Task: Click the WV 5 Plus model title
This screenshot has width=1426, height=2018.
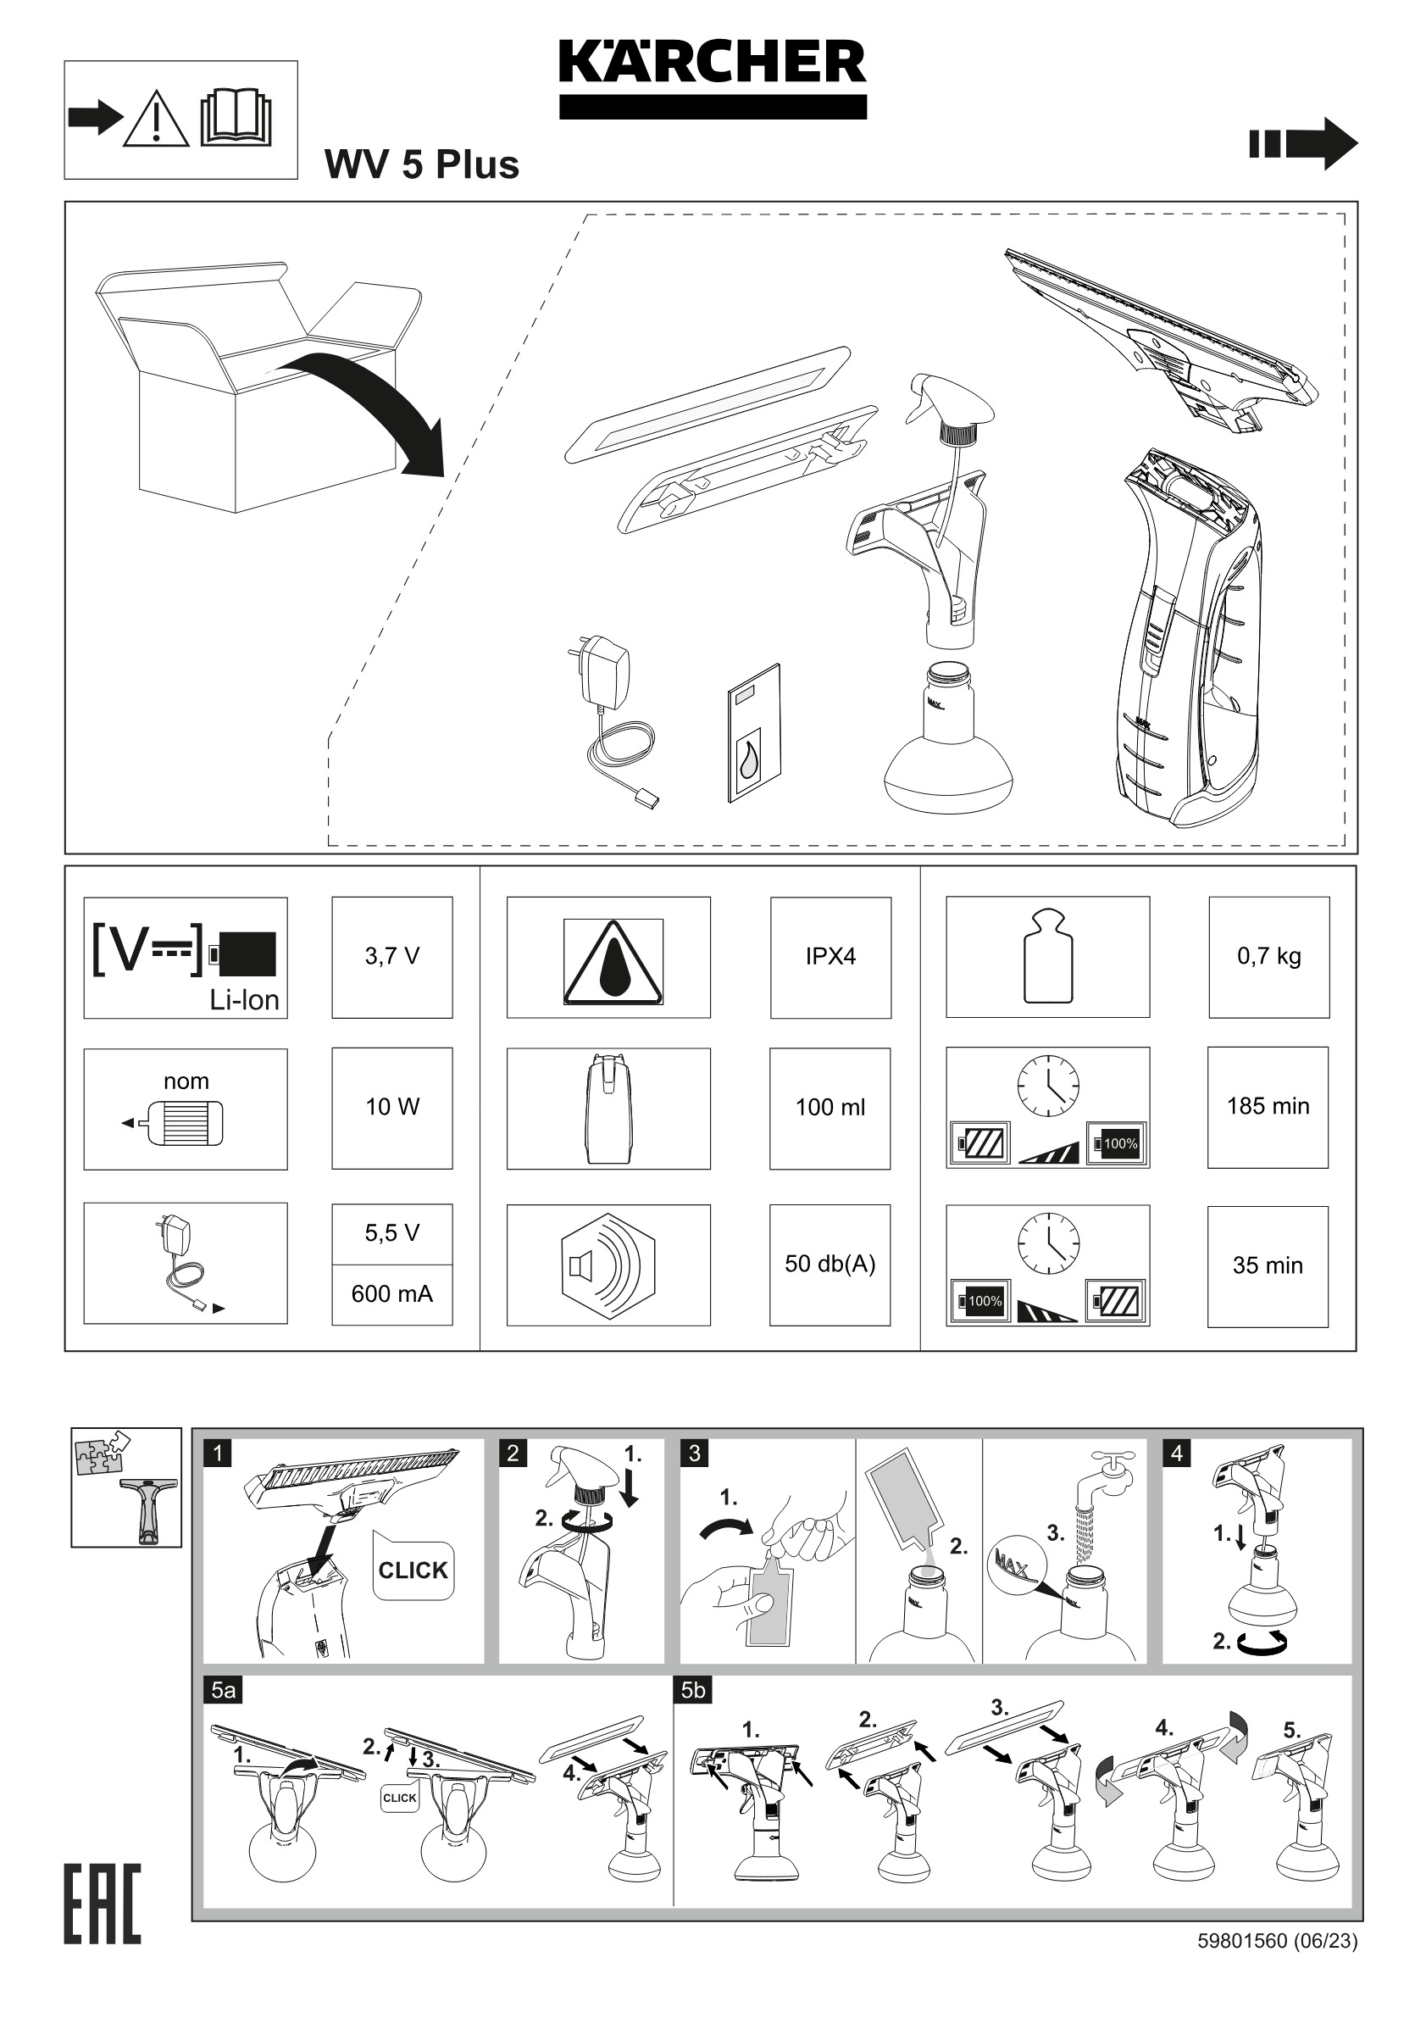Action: pos(422,164)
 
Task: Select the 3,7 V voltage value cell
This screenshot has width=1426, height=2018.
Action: pos(391,956)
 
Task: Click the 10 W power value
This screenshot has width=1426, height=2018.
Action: pos(391,1107)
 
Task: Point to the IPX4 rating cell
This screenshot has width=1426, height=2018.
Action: pos(830,956)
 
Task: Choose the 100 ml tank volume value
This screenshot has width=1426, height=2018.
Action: pos(830,1108)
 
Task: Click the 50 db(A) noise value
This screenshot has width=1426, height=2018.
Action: pos(830,1264)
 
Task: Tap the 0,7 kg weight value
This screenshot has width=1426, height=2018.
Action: pos(1268,956)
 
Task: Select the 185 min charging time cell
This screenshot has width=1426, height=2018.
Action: pos(1268,1107)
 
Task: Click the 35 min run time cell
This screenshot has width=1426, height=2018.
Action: pos(1268,1265)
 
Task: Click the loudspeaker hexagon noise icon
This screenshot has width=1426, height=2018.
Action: pos(608,1265)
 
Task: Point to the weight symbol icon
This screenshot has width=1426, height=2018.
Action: pos(1048,956)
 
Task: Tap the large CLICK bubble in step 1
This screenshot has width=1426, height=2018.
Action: pos(413,1570)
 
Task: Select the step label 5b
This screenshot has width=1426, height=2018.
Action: pos(693,1690)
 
